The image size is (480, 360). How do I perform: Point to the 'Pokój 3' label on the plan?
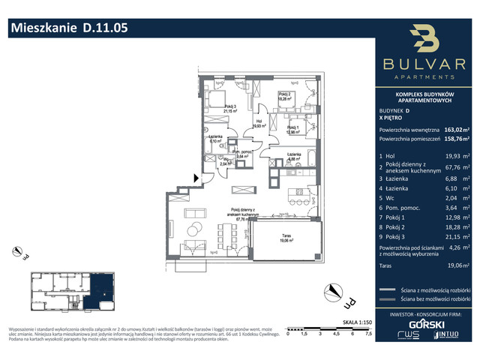(x=218, y=109)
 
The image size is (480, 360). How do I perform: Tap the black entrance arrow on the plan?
(x=196, y=178)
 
